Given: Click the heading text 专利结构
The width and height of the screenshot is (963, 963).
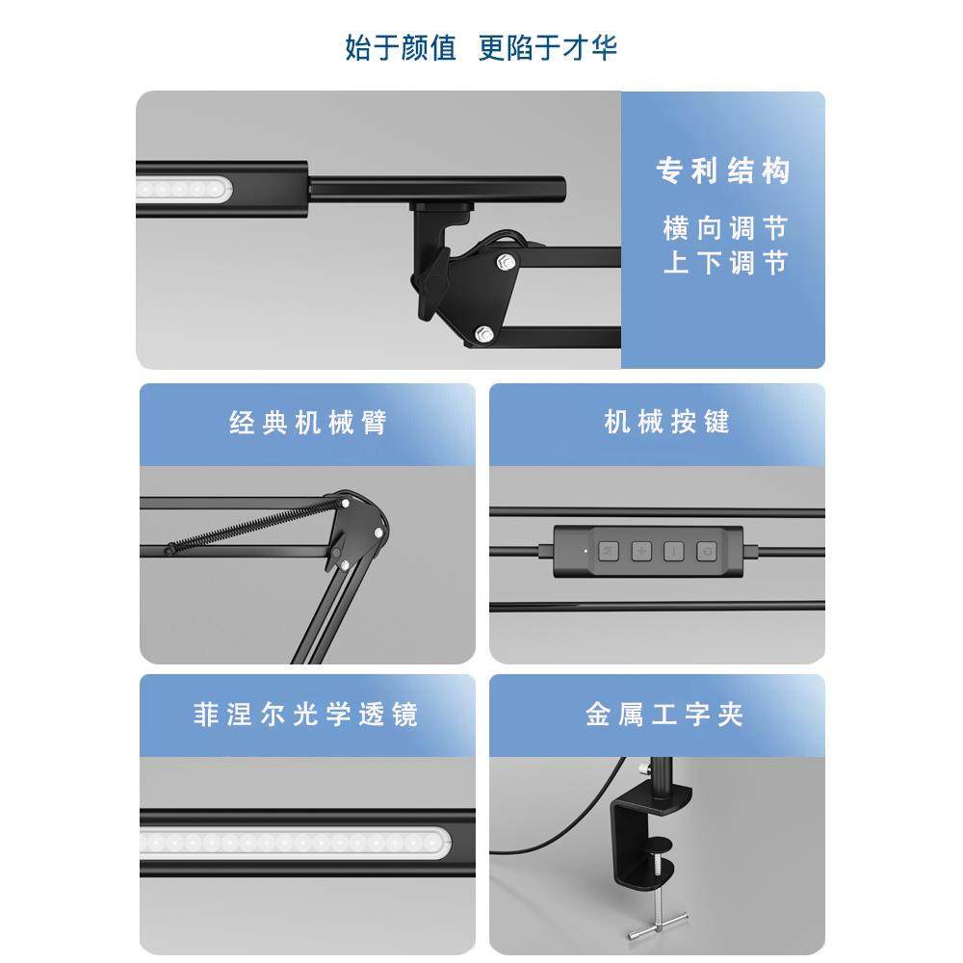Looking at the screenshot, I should click(722, 171).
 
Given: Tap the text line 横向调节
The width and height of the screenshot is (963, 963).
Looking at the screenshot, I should click(724, 228).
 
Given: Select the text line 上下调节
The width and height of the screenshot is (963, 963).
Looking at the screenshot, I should click(724, 263).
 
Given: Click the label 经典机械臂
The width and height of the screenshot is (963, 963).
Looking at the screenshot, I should click(307, 423).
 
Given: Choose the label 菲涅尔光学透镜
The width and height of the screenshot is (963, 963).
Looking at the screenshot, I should click(306, 716).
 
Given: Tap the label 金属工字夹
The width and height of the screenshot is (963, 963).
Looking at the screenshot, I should click(664, 716).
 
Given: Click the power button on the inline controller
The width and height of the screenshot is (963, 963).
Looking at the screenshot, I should click(708, 552).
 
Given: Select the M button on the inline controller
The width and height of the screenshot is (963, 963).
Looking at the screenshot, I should click(609, 552).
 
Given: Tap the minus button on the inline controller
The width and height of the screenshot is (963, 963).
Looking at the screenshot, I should click(674, 552).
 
